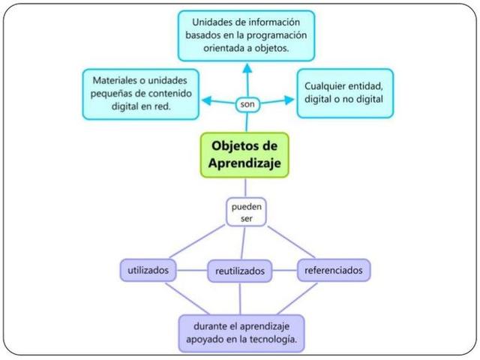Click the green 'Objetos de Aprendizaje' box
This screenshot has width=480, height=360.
coord(244,154)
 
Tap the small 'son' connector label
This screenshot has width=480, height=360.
coord(247,104)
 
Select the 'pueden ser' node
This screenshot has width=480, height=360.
coord(246,211)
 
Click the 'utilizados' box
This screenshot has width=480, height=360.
coord(148,268)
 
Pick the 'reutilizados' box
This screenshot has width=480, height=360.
coord(239,270)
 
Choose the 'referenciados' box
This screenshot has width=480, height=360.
coord(333,268)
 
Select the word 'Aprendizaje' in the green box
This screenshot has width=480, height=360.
coord(244,163)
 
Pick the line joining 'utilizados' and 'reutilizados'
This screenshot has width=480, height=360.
coord(192,269)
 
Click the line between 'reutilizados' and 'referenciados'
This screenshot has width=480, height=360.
coord(284,269)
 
